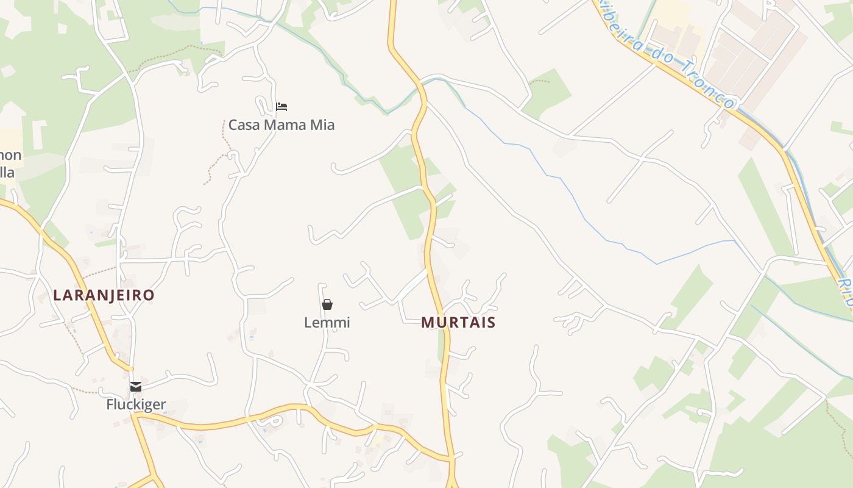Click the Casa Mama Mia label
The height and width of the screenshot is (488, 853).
(x=281, y=125)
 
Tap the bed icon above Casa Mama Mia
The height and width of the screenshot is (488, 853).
(x=281, y=107)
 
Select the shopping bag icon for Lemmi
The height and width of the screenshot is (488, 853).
(x=327, y=304)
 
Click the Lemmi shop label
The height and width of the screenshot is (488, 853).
(x=327, y=322)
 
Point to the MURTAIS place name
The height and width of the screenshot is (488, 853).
(x=458, y=322)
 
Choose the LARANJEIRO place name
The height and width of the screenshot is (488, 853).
(x=104, y=295)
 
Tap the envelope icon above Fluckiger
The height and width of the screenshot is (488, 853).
(x=136, y=387)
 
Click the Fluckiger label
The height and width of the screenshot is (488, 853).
(x=136, y=404)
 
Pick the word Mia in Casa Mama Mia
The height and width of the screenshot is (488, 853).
(x=322, y=125)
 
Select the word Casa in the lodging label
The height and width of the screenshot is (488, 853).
(x=242, y=125)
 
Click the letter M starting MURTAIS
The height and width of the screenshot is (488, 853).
(x=426, y=322)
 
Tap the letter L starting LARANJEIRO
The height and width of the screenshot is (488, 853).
(x=57, y=295)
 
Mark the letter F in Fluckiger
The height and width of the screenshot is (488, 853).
(x=110, y=404)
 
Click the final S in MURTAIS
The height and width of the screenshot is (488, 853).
(x=491, y=322)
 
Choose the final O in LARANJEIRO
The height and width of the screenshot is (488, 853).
(x=149, y=295)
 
